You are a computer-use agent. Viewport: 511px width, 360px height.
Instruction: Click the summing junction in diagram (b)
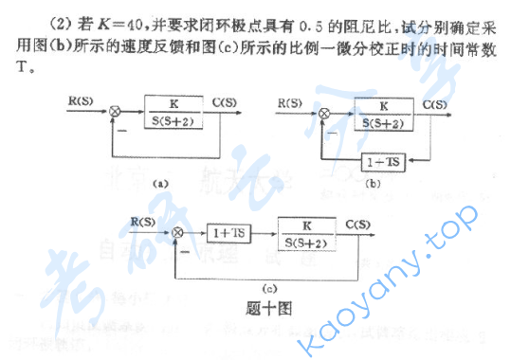tap(325, 114)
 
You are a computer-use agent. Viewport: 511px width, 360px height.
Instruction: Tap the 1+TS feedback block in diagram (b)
tap(383, 162)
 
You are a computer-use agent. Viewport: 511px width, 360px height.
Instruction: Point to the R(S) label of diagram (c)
tap(143, 221)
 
